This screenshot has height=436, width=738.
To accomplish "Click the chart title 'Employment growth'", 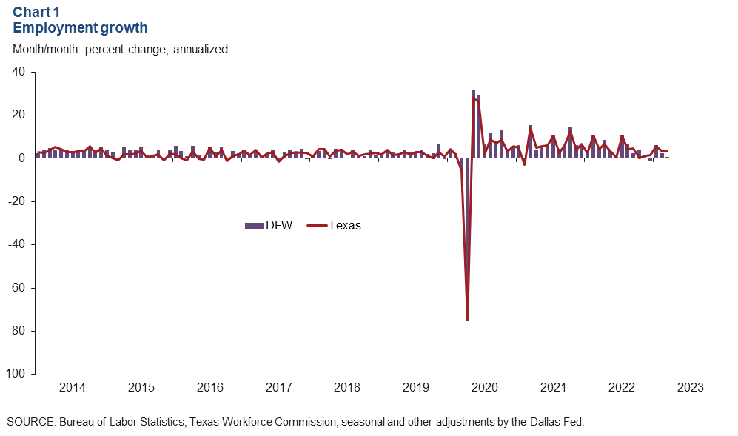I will [x=80, y=28].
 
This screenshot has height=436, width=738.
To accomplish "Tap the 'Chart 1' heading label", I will [x=38, y=13].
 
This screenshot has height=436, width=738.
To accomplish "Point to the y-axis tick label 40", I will [x=19, y=72].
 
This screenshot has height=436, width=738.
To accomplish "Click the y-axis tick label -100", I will [x=14, y=374].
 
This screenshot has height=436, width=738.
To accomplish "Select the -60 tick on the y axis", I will [x=16, y=287].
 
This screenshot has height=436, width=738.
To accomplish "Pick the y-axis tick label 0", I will [x=22, y=158].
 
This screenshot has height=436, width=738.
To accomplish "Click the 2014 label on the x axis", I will [x=72, y=388].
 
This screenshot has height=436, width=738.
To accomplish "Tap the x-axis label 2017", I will [x=278, y=388].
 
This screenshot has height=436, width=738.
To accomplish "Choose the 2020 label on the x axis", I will [x=484, y=388].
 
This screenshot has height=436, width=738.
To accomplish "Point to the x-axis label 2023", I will [x=690, y=388].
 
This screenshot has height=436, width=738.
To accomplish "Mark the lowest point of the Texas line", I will [x=468, y=319].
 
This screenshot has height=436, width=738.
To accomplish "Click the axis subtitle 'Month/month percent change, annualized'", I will [x=121, y=50].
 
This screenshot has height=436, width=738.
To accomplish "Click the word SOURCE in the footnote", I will [x=30, y=422].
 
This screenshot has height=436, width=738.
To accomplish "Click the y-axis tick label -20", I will [x=16, y=201].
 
